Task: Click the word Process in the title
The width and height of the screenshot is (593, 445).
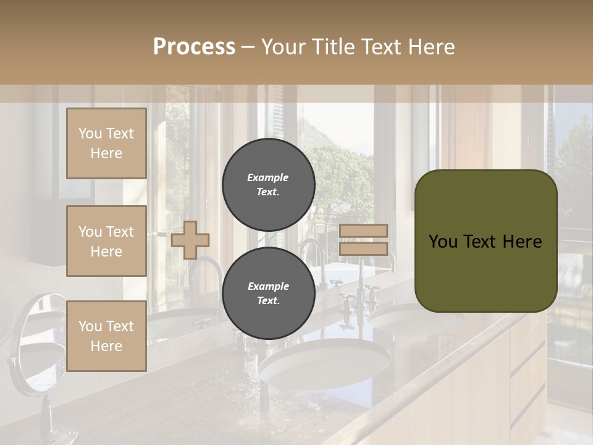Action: (x=194, y=47)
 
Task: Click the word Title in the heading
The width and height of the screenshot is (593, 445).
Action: (x=333, y=47)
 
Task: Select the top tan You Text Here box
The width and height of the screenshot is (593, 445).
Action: (x=106, y=143)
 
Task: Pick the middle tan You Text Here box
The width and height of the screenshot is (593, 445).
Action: (x=106, y=241)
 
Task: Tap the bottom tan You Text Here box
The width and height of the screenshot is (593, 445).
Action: (x=106, y=336)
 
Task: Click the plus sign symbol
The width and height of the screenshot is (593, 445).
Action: (x=190, y=240)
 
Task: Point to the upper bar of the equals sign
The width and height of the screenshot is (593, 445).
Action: (x=364, y=231)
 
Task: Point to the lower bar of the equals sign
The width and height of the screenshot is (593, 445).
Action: (x=364, y=248)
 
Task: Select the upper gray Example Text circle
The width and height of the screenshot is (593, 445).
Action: (x=268, y=185)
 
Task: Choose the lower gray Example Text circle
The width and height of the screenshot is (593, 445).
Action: (x=268, y=294)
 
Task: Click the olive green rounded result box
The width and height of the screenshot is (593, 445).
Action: (x=486, y=241)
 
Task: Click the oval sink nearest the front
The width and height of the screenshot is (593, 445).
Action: (x=325, y=365)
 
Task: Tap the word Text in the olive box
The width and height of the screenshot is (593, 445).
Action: (x=485, y=242)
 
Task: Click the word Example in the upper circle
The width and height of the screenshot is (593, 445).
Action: (x=268, y=177)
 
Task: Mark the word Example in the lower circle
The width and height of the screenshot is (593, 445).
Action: (x=268, y=286)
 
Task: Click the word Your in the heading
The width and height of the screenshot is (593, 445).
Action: (x=283, y=47)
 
